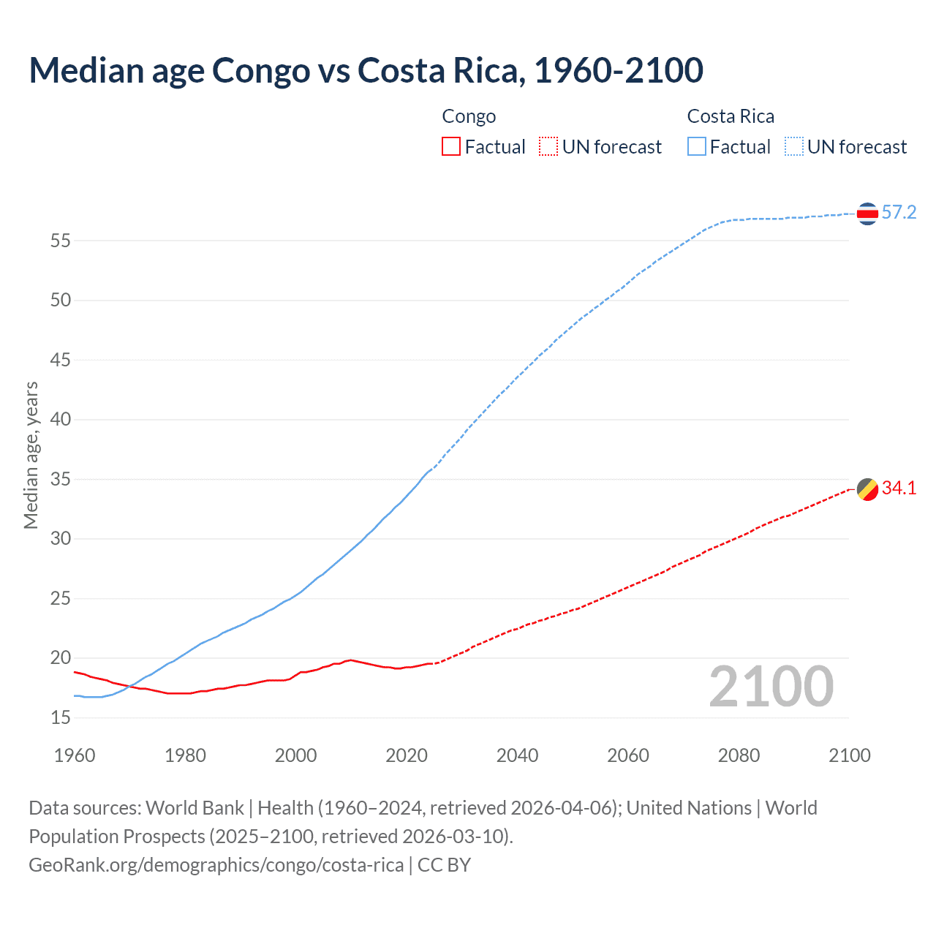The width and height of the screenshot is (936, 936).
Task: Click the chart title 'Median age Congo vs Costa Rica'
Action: pyautogui.click(x=366, y=70)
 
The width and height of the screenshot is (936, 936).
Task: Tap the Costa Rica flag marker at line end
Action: pyautogui.click(x=867, y=214)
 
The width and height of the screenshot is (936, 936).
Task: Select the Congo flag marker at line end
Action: pyautogui.click(x=867, y=489)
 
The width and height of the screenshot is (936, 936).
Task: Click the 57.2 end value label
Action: pyautogui.click(x=899, y=213)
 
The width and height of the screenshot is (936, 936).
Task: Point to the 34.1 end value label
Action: pyautogui.click(x=899, y=488)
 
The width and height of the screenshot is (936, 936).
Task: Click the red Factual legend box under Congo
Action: pyautogui.click(x=451, y=147)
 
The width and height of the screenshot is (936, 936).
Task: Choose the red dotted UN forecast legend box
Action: pyautogui.click(x=548, y=147)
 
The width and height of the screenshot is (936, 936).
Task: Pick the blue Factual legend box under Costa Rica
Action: pyautogui.click(x=696, y=147)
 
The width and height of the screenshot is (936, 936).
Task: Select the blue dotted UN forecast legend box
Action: pyautogui.click(x=793, y=147)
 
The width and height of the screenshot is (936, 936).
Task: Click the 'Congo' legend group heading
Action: pyautogui.click(x=469, y=116)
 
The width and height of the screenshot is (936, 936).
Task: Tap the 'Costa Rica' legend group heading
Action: pyautogui.click(x=731, y=116)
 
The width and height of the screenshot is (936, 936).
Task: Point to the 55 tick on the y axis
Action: pyautogui.click(x=61, y=241)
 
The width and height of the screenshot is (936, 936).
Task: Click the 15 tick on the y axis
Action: pyautogui.click(x=61, y=718)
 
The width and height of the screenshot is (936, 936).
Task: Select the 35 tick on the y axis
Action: pyautogui.click(x=61, y=480)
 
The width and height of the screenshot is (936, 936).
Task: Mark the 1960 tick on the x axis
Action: pyautogui.click(x=75, y=755)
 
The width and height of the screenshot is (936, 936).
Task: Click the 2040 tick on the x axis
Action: pyautogui.click(x=517, y=755)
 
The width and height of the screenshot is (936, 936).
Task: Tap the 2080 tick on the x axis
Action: pyautogui.click(x=739, y=755)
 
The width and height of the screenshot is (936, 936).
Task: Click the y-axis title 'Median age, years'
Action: pyautogui.click(x=31, y=455)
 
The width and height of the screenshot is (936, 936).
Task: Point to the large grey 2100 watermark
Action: pyautogui.click(x=771, y=687)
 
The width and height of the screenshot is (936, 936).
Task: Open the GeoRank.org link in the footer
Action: pyautogui.click(x=216, y=865)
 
